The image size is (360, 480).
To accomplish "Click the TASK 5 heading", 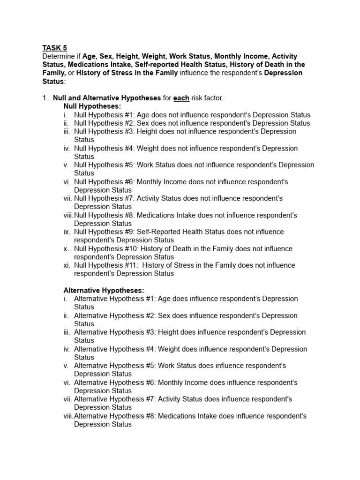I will point(55,48).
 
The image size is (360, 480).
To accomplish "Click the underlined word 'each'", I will point(181,98).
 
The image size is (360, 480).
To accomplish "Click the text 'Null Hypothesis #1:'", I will point(105,115).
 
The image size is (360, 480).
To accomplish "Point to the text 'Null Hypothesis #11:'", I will point(106,265).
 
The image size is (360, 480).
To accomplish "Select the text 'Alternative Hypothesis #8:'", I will point(115,416).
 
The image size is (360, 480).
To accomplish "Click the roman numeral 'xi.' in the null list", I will point(67,265).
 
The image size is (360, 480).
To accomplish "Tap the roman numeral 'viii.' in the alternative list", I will point(68,416).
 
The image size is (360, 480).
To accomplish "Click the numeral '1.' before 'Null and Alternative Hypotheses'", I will point(45,98).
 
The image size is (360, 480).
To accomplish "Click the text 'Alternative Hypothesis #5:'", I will point(115,366).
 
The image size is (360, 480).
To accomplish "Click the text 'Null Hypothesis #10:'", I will point(106,248).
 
